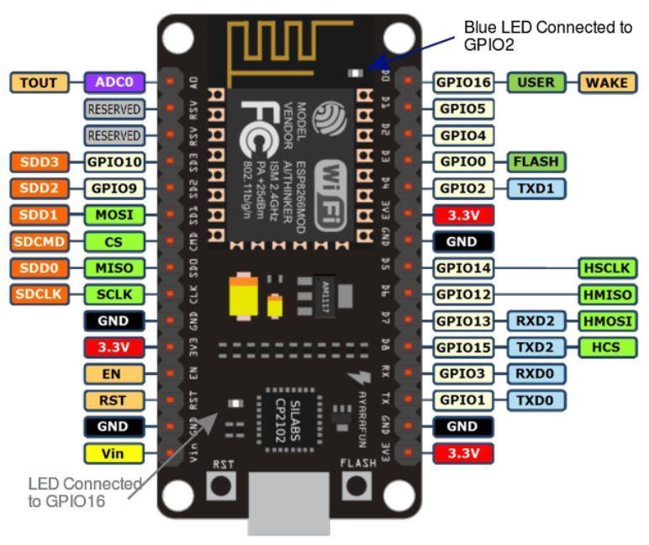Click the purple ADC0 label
point(114,82)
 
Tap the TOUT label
point(34,82)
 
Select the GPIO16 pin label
point(463,82)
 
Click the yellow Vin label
point(113,453)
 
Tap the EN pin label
point(113,373)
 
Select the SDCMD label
point(34,241)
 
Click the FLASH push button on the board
point(357,485)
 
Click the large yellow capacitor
point(243,294)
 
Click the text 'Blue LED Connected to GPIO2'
point(546,35)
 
